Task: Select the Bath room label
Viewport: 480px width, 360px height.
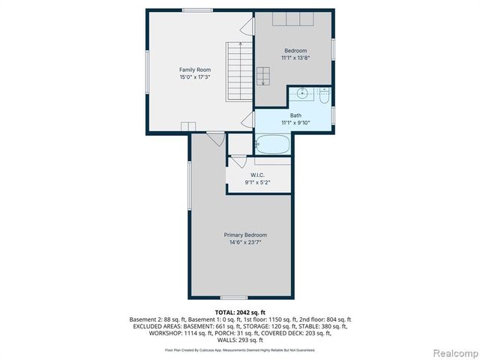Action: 295,115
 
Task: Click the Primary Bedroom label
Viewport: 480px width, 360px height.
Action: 244,235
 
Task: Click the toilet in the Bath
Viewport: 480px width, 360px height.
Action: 324,97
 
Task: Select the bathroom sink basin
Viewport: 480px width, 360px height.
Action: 301,94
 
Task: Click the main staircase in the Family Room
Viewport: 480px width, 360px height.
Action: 238,70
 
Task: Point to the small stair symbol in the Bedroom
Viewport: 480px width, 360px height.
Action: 263,76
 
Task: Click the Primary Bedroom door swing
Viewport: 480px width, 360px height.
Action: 215,138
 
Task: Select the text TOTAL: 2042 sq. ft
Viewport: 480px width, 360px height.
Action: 240,311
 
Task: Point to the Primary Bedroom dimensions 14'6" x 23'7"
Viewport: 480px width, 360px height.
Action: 244,242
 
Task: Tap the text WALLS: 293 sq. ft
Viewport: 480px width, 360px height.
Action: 240,341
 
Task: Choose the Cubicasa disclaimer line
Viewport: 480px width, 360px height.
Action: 240,350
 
